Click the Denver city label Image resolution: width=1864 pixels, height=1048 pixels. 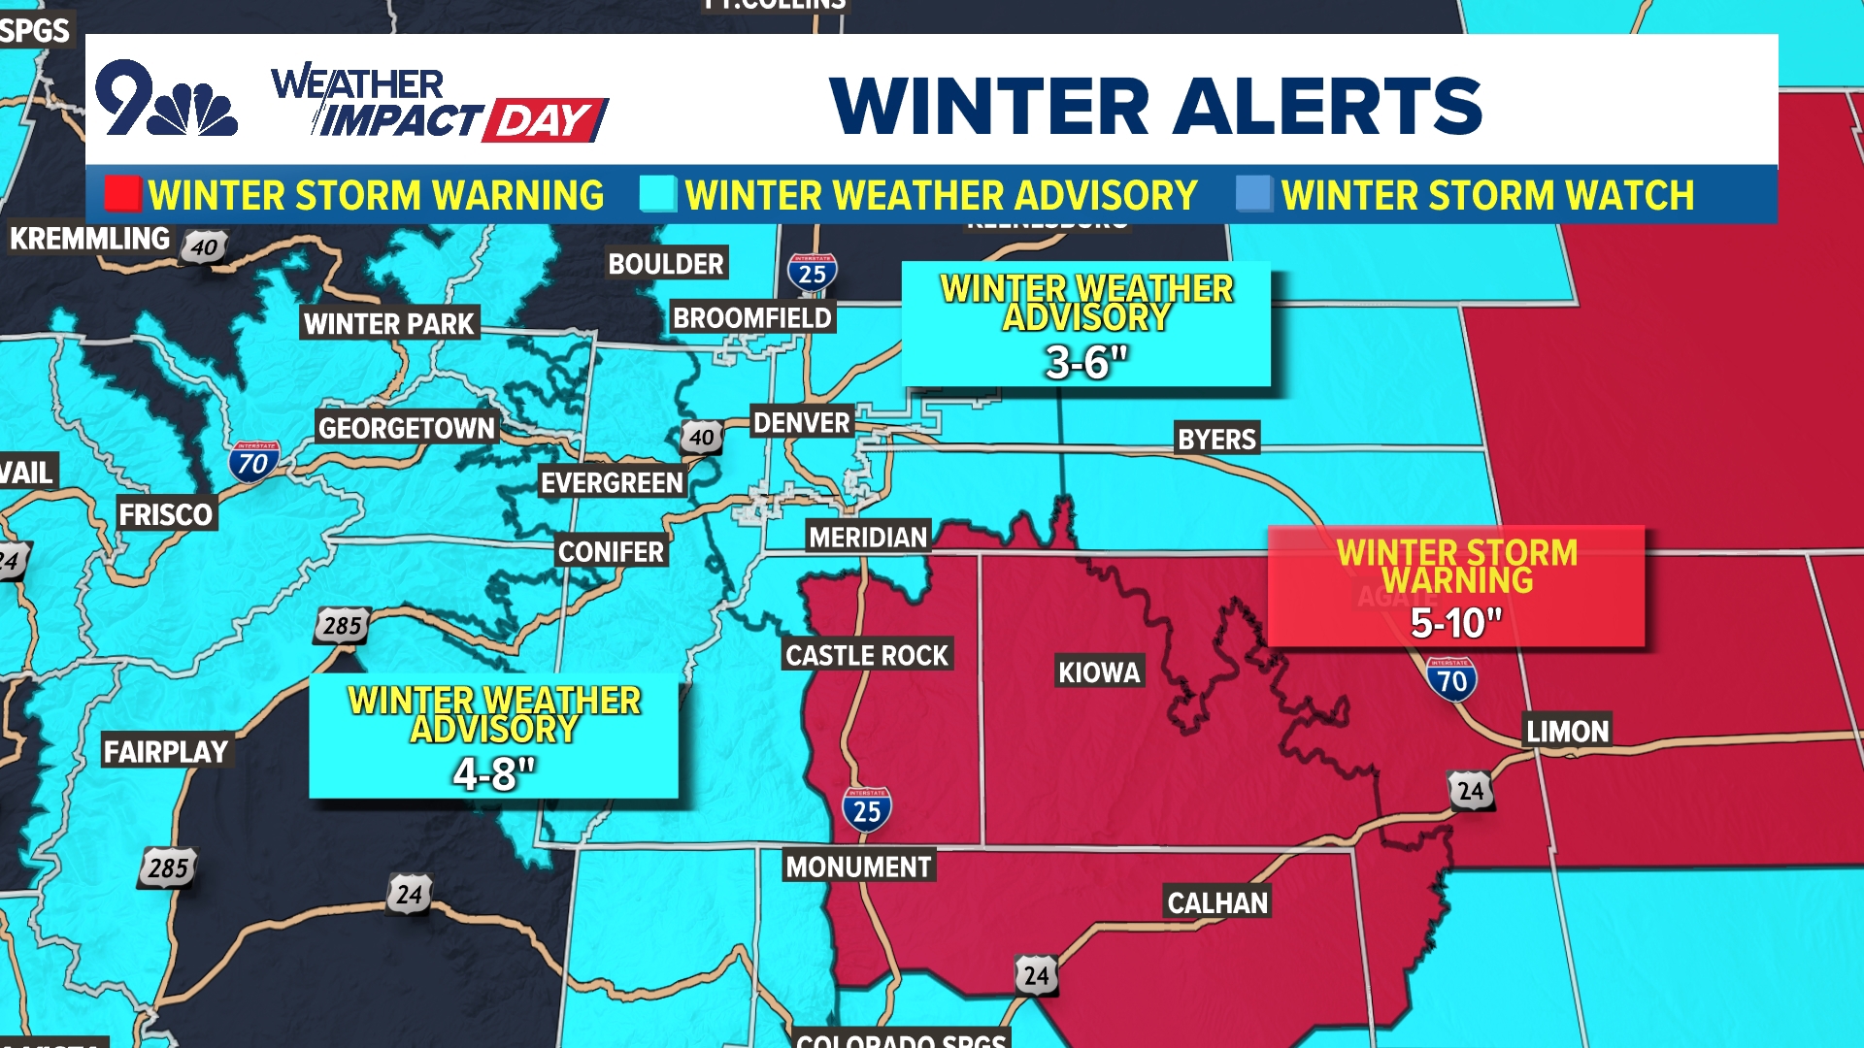(x=802, y=423)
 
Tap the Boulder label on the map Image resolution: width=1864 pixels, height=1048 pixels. (x=666, y=264)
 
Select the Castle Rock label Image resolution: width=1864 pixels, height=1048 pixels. (x=866, y=656)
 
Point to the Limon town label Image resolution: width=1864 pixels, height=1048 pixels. (x=1567, y=732)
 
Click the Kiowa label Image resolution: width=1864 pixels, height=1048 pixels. (x=1099, y=672)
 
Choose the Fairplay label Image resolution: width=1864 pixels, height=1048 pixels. (x=166, y=752)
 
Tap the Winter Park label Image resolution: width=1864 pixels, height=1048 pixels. (x=389, y=324)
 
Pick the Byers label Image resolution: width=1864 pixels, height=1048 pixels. (x=1216, y=440)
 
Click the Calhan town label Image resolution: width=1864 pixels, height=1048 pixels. (x=1217, y=903)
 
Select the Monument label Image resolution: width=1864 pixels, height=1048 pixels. (x=858, y=868)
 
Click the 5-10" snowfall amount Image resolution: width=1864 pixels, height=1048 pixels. (x=1455, y=624)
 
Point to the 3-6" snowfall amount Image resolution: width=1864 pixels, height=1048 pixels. (x=1086, y=363)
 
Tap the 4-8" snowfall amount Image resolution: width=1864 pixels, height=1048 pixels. (x=494, y=774)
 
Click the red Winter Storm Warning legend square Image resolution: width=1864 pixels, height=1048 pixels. (x=123, y=194)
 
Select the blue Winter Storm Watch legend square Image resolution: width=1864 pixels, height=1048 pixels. (x=1253, y=194)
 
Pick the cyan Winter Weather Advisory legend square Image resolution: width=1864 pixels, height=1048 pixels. (x=657, y=194)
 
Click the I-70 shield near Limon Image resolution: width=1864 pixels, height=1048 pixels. (x=1452, y=679)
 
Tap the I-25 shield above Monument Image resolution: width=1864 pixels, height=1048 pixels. (x=866, y=809)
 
